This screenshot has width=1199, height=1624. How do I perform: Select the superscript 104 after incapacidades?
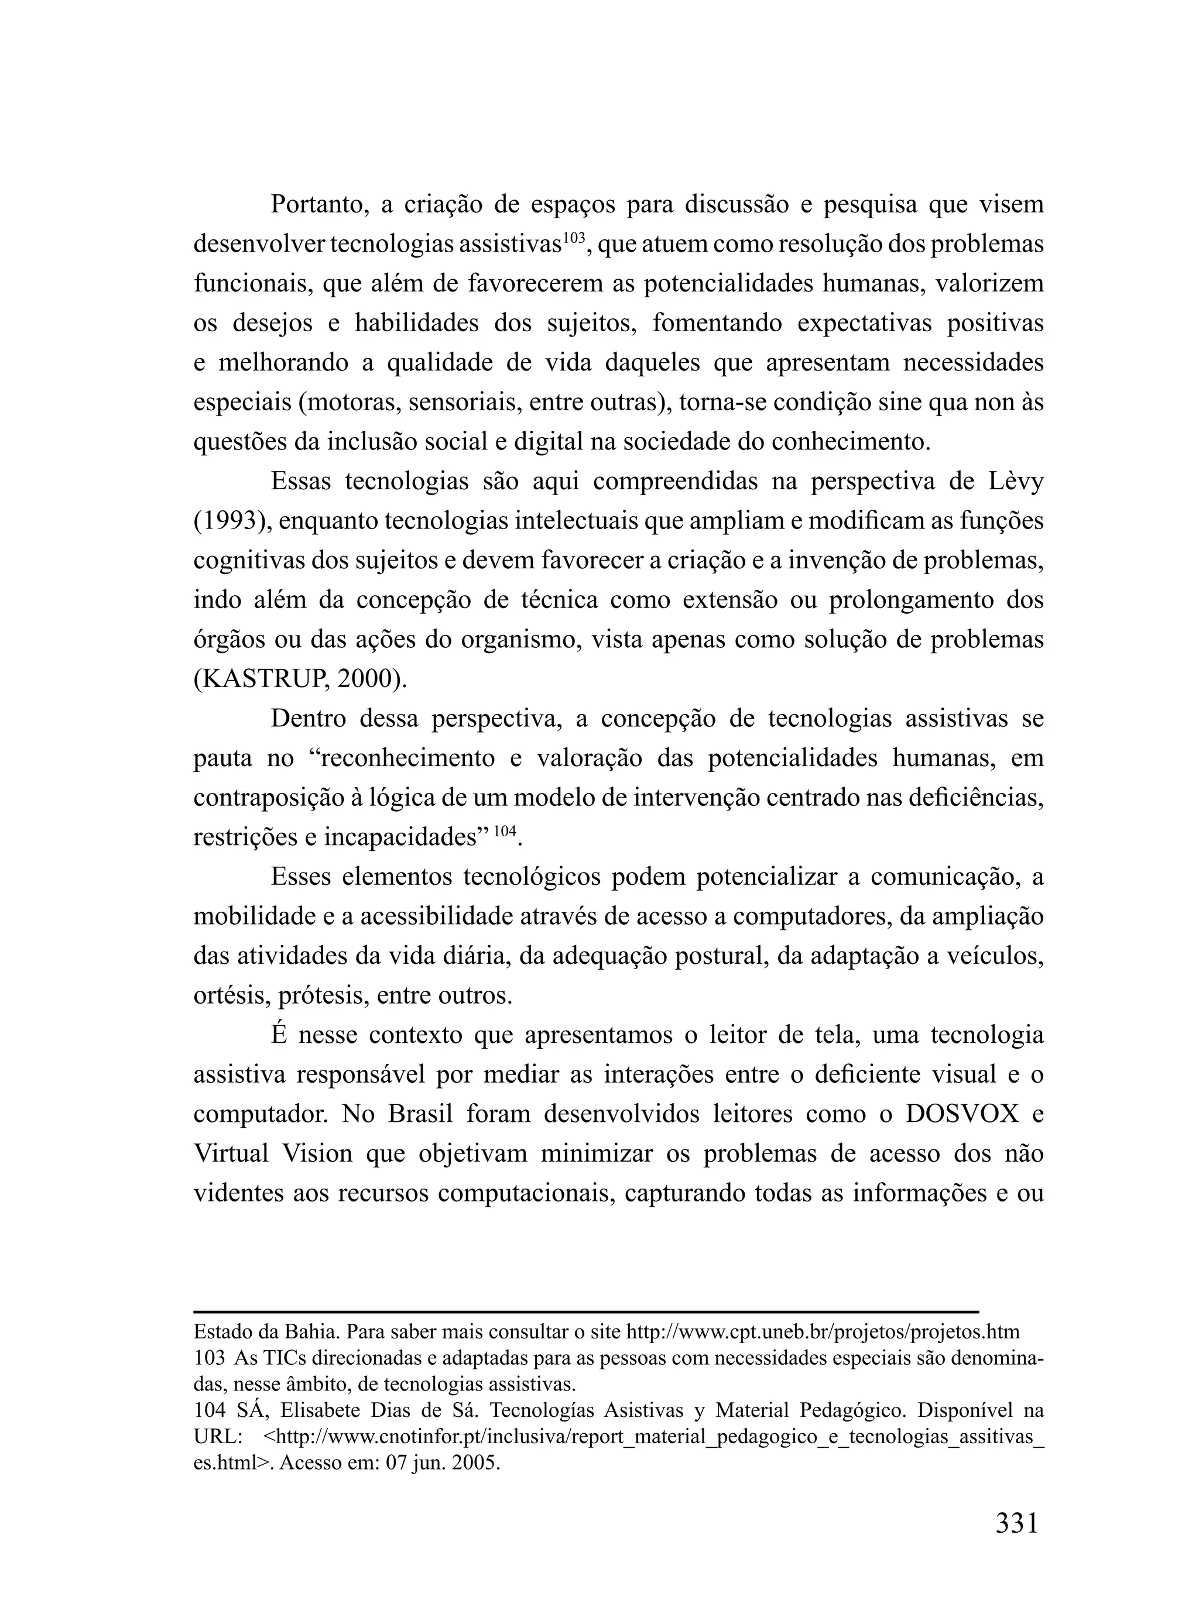point(506,830)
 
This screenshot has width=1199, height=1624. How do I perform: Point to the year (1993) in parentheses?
point(230,521)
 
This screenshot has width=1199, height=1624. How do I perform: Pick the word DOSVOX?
point(962,1113)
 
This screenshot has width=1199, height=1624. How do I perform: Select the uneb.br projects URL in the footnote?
point(823,1332)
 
